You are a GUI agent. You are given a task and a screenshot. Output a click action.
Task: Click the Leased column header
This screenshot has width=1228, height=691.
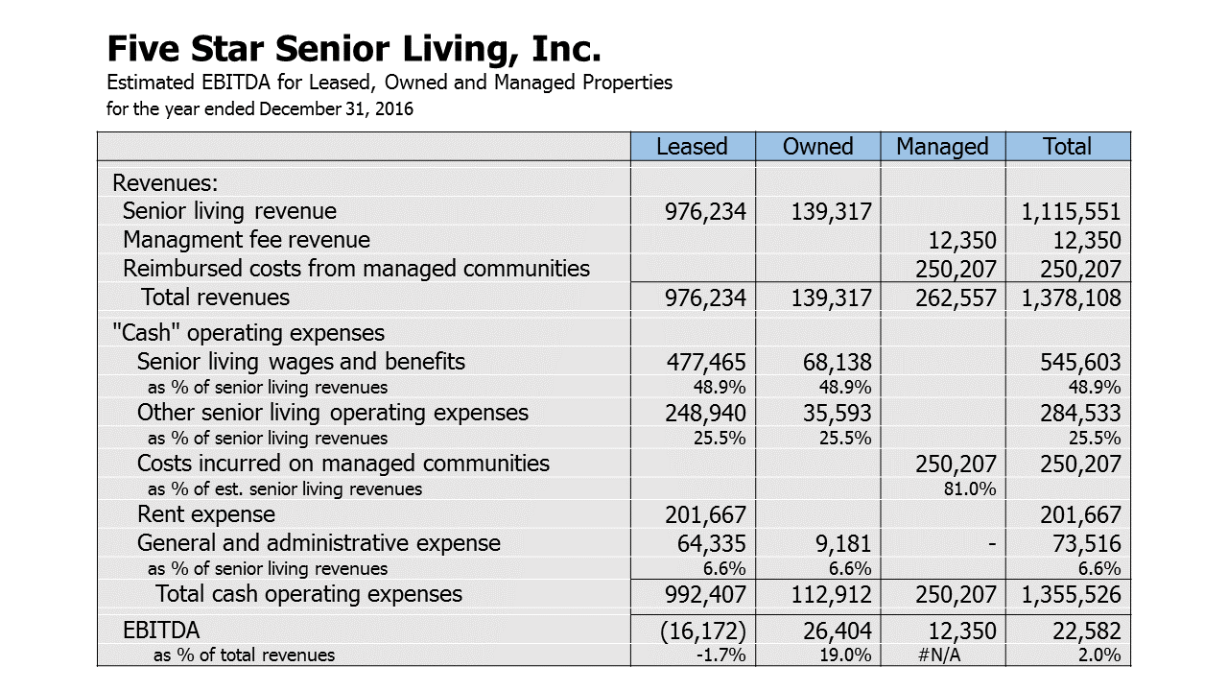tap(692, 147)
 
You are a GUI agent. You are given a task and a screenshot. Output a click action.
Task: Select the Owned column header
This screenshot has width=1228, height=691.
tap(817, 147)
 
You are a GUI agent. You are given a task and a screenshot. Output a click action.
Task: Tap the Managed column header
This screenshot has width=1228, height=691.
tap(942, 147)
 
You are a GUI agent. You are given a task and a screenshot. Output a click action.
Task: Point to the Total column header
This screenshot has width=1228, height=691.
tap(1067, 147)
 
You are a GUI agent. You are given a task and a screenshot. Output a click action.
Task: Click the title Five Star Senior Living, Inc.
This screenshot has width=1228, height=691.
tap(354, 49)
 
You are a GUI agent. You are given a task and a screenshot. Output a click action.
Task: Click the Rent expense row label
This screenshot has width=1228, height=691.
tap(206, 514)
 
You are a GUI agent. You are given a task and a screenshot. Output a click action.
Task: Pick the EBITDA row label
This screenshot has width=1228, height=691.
tap(161, 631)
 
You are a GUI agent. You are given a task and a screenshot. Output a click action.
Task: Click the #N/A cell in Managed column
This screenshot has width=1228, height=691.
tap(939, 655)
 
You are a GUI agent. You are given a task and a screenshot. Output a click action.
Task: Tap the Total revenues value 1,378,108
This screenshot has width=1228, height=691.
tap(1071, 298)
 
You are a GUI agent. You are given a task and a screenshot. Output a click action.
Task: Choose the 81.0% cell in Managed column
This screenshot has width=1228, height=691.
tap(970, 488)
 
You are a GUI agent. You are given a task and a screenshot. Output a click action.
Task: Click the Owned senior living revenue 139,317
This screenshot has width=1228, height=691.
tap(831, 212)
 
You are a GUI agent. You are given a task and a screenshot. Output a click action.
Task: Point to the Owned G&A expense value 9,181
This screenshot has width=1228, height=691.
tap(843, 544)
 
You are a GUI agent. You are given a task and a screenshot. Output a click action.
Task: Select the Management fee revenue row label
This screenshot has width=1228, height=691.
tap(247, 240)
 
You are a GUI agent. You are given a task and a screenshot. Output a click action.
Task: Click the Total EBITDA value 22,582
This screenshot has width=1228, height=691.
tap(1087, 631)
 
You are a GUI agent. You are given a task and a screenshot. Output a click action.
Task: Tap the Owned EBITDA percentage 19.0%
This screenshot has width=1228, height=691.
tap(845, 655)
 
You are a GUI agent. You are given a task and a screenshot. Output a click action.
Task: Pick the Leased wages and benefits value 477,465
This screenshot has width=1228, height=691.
tap(706, 363)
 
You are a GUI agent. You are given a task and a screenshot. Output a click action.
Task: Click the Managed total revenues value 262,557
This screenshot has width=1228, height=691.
tap(956, 298)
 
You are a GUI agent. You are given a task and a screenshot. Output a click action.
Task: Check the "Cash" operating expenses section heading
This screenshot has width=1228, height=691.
tap(248, 333)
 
